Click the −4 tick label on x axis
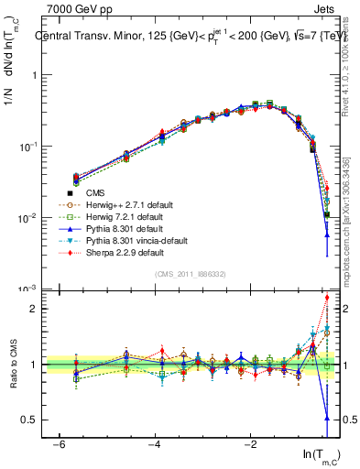click(155, 444)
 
